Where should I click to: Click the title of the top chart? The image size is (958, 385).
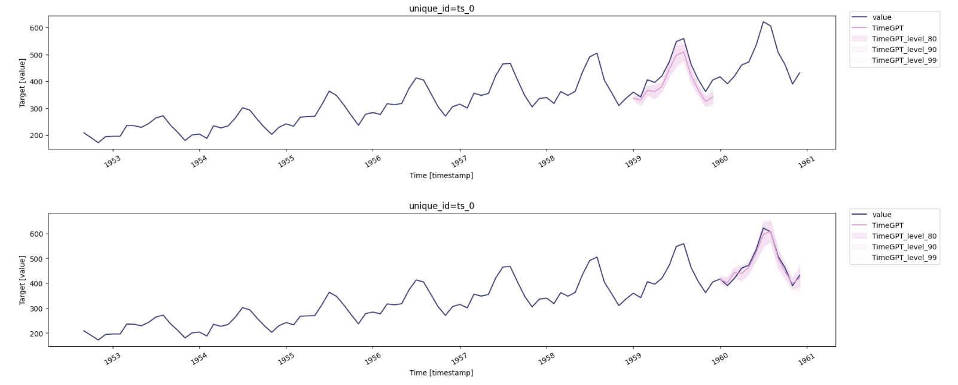(x=441, y=8)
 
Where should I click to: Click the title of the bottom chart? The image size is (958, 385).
(x=441, y=206)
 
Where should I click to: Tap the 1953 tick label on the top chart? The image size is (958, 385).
(x=112, y=161)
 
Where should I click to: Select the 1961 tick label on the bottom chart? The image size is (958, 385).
(x=807, y=359)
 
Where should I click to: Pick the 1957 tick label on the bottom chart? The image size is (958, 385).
(x=459, y=359)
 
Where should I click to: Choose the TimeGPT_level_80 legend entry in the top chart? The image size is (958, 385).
(x=894, y=39)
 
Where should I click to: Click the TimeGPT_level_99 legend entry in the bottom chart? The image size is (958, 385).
(x=894, y=258)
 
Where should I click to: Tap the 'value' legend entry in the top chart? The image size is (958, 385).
(x=872, y=17)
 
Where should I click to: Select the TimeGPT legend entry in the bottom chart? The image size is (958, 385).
(x=877, y=225)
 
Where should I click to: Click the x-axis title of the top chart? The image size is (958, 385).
(x=441, y=175)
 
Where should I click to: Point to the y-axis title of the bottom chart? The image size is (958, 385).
(x=22, y=280)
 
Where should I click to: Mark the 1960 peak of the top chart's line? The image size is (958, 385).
(x=763, y=22)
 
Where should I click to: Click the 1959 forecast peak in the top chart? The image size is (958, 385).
(x=684, y=52)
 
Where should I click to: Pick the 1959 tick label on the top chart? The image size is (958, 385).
(x=633, y=161)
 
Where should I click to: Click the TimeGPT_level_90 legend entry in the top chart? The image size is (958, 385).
(x=894, y=50)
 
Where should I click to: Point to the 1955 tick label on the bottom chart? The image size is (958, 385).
(x=286, y=359)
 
